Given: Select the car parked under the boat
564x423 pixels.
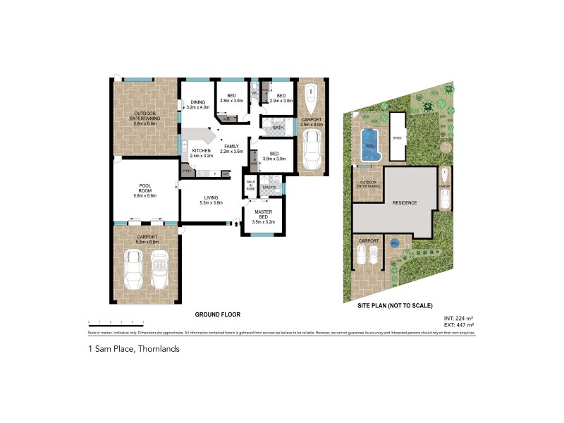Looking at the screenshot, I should pos(311,149).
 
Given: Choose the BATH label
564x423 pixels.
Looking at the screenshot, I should pos(278,128).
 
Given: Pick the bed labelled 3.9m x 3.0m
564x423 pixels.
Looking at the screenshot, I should pos(274,156).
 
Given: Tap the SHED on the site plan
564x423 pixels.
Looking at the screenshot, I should pos(397,137).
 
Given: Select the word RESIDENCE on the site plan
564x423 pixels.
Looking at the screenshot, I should pos(404,202).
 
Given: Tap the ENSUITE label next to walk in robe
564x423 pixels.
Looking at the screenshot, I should pos(268,186).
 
